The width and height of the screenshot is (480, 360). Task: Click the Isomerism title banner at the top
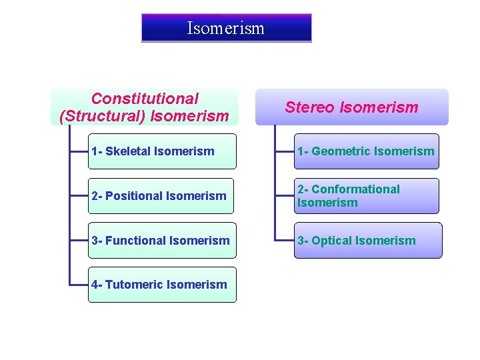pyautogui.click(x=226, y=28)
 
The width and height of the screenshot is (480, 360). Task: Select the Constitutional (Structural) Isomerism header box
pyautogui.click(x=145, y=107)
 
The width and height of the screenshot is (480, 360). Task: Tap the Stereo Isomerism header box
pyautogui.click(x=352, y=107)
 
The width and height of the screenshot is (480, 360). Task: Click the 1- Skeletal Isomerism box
pyautogui.click(x=162, y=151)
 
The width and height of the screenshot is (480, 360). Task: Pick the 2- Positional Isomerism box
pyautogui.click(x=161, y=196)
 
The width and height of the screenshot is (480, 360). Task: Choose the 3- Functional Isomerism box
pyautogui.click(x=162, y=240)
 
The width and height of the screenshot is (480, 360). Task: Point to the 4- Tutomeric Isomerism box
pyautogui.click(x=162, y=285)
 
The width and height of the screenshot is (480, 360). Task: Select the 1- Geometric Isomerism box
pyautogui.click(x=367, y=151)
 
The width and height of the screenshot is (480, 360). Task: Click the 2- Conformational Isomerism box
pyautogui.click(x=367, y=196)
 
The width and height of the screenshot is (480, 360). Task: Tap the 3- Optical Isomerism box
pyautogui.click(x=367, y=240)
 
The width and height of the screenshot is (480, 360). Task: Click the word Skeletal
pyautogui.click(x=128, y=151)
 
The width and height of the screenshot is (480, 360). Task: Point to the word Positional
pyautogui.click(x=133, y=196)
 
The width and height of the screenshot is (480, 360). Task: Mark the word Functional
pyautogui.click(x=134, y=240)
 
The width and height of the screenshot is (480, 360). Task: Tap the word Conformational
pyautogui.click(x=355, y=189)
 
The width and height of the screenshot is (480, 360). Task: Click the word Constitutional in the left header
pyautogui.click(x=145, y=99)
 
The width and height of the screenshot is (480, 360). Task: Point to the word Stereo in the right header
pyautogui.click(x=311, y=107)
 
